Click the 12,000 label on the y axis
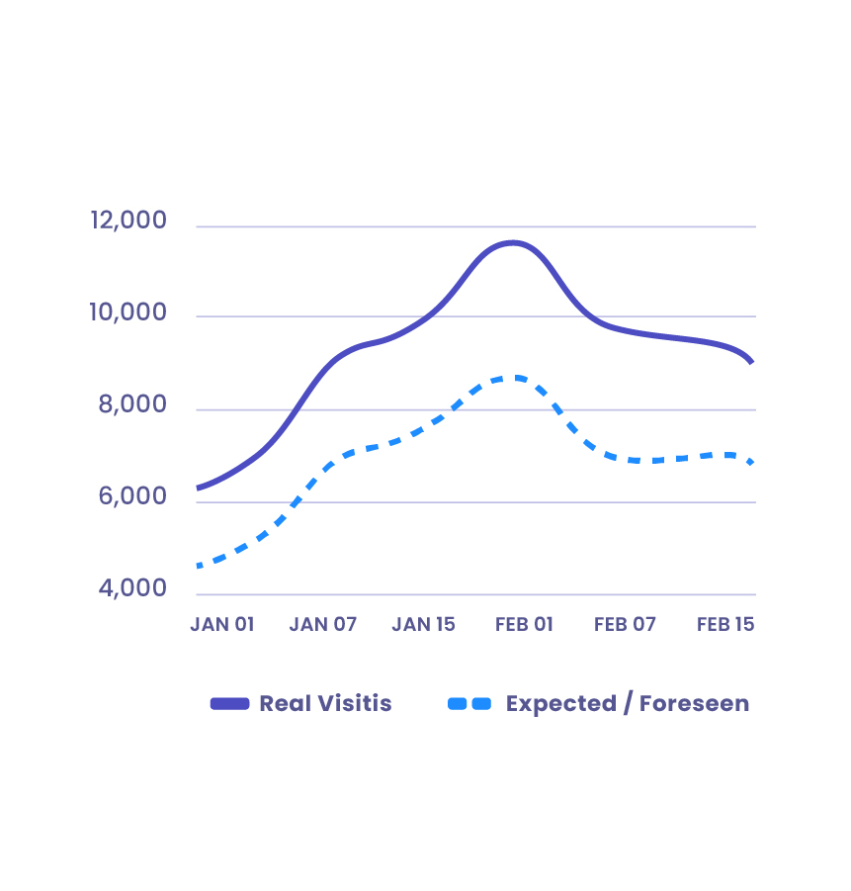click(x=129, y=221)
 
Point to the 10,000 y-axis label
click(x=129, y=312)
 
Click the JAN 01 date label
click(x=222, y=625)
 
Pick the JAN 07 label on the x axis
click(x=323, y=625)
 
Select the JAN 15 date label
click(x=424, y=625)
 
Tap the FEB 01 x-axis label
click(x=525, y=625)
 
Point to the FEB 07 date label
click(x=626, y=625)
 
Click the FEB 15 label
click(x=725, y=625)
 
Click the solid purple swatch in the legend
click(x=229, y=704)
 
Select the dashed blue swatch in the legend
click(x=469, y=704)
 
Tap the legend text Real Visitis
click(x=325, y=704)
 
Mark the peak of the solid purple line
click(x=512, y=242)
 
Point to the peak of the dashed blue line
click(x=514, y=377)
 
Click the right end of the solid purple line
click(x=752, y=362)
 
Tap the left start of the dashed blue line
click(x=200, y=567)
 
